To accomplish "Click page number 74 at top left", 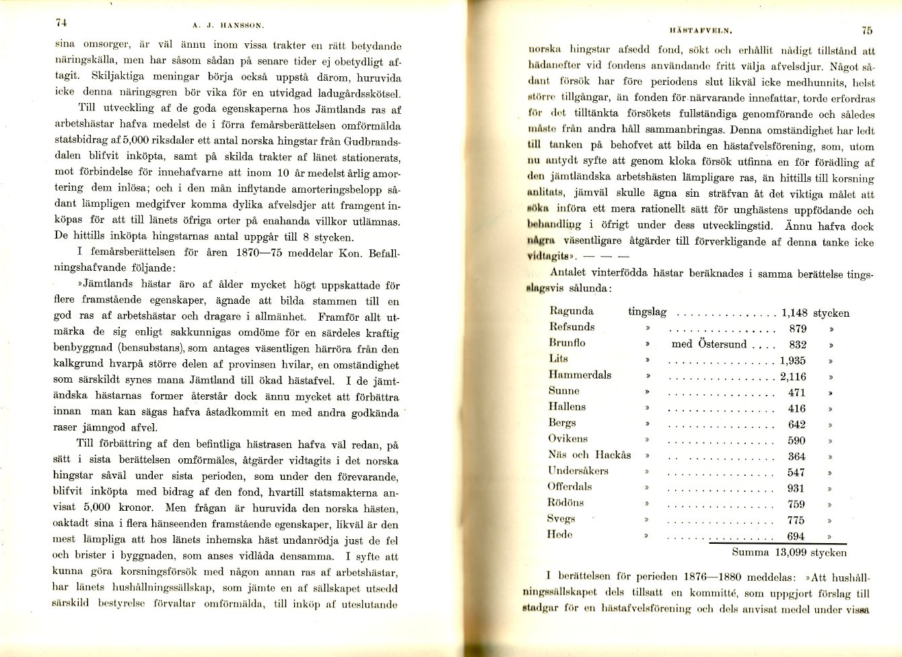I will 60,22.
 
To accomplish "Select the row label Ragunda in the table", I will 571,311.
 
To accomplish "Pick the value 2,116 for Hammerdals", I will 793,377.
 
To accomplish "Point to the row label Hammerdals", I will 580,375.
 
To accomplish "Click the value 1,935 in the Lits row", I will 793,361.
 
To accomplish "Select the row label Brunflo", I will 567,343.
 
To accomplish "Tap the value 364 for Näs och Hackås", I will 796,456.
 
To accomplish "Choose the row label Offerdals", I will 570,486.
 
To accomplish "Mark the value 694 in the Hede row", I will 796,536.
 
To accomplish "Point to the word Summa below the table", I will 749,553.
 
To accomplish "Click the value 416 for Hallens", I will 796,408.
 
